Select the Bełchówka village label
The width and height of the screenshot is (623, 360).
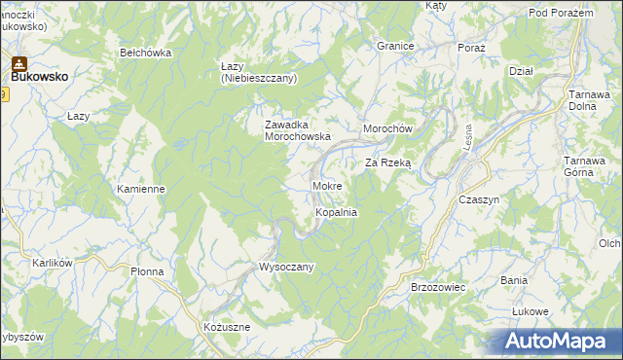[x=145, y=53]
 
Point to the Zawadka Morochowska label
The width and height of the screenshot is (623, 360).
[x=299, y=130]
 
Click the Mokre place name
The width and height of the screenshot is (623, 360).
[x=326, y=185]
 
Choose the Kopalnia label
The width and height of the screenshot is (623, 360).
[x=337, y=211]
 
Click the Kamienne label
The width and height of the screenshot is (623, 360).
[x=140, y=189]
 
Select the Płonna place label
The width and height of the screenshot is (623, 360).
[x=150, y=272]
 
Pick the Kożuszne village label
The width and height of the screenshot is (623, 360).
[x=227, y=327]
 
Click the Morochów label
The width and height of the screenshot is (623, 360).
[x=388, y=129]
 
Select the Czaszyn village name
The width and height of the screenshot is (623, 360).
[x=478, y=198]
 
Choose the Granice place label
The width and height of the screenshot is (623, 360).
[x=396, y=46]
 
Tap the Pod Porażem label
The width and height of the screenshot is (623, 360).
[x=561, y=13]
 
